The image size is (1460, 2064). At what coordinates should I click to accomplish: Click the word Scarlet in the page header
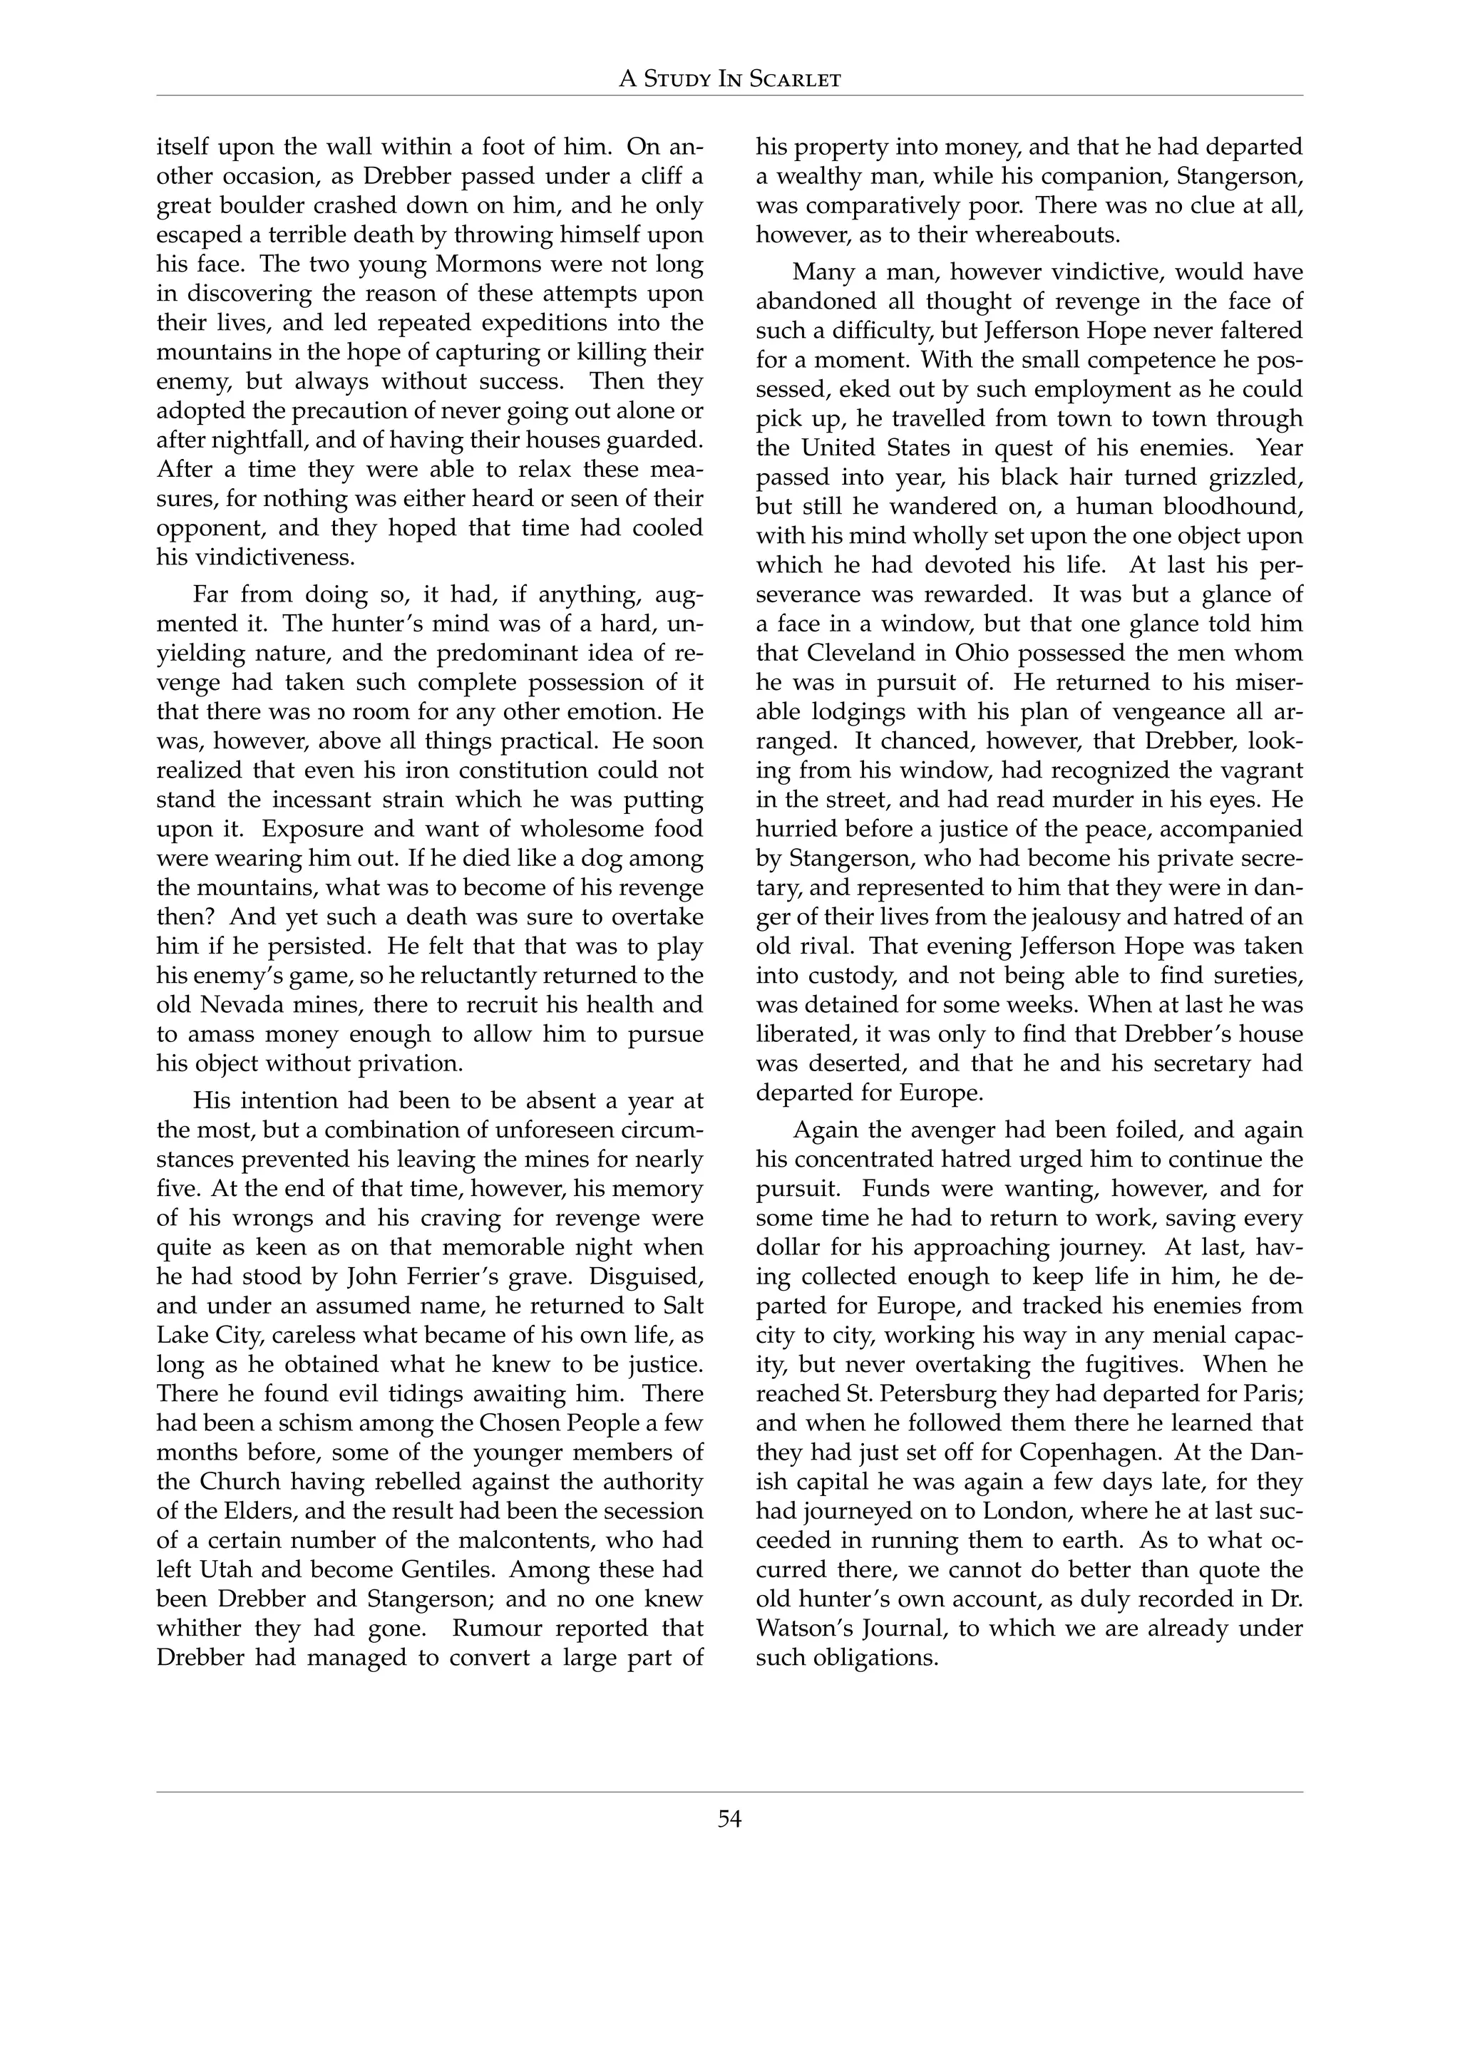coord(795,80)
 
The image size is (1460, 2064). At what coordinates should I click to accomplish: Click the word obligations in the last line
coord(874,1658)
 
